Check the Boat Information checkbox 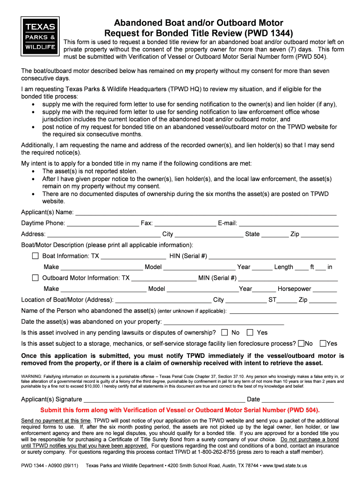(35, 256)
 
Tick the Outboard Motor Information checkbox (35, 278)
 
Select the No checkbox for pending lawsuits (224, 333)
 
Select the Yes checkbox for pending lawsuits (250, 333)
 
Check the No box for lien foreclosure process (301, 343)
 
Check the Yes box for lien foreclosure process (323, 343)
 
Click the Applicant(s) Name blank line (206, 213)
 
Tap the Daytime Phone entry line (103, 224)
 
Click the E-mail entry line (288, 224)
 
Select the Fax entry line (185, 224)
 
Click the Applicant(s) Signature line (164, 400)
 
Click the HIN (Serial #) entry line (272, 257)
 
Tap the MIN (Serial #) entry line (288, 279)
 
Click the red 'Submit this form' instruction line (180, 410)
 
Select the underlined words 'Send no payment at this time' (56, 421)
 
